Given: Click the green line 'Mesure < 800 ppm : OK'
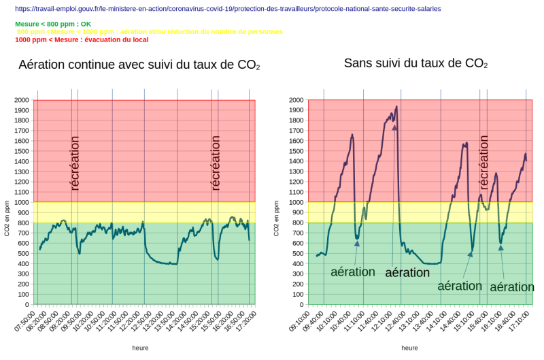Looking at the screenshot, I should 53,24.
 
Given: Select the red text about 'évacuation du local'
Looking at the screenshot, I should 82,39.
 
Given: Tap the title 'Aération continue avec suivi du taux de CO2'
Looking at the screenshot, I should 139,65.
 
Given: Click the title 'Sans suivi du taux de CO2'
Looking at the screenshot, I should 415,63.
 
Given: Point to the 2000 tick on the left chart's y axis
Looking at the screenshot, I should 20,100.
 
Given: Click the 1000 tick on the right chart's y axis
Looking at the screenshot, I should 294,202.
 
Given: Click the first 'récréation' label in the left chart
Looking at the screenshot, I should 75,163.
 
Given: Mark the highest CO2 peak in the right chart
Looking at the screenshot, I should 396,107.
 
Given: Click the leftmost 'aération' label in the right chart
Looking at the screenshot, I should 352,272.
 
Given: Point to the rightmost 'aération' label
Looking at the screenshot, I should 511,287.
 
